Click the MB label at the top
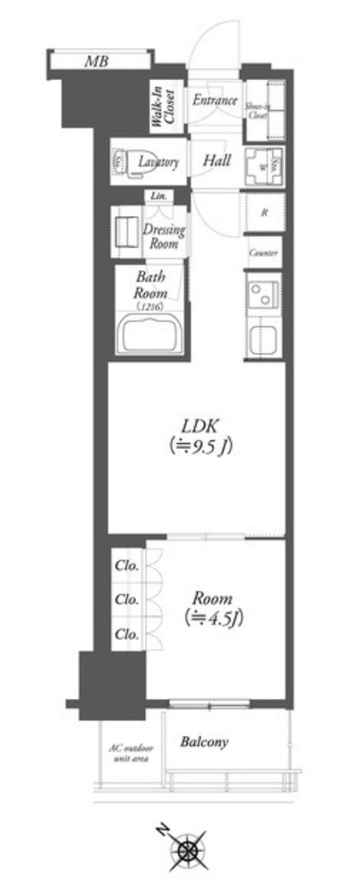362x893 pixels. click(x=97, y=61)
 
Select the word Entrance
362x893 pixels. click(x=214, y=101)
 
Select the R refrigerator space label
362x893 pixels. click(x=264, y=212)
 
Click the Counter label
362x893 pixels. click(x=264, y=253)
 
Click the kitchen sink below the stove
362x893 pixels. click(x=263, y=339)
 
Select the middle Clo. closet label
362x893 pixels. click(x=127, y=600)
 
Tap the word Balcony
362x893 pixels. click(x=205, y=742)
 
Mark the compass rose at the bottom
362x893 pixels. click(x=187, y=850)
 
